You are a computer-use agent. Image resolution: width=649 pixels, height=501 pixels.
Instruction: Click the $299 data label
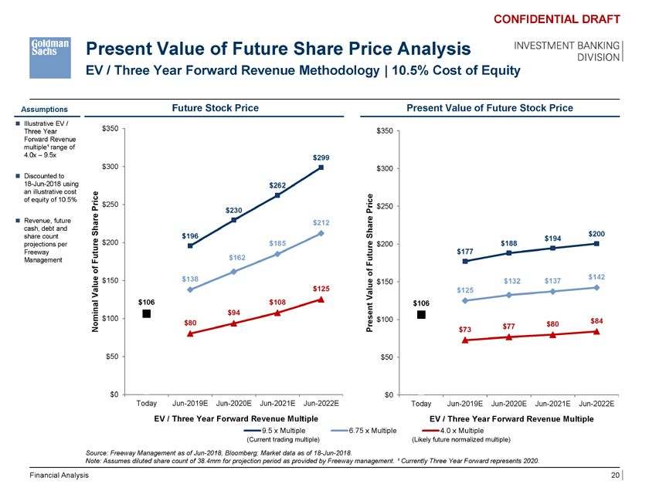tap(321, 157)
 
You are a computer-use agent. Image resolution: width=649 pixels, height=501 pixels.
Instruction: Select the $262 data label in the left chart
tap(277, 185)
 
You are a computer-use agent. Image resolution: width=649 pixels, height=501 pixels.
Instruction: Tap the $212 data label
tap(321, 223)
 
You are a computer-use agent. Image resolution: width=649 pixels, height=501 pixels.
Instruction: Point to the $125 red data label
tap(321, 289)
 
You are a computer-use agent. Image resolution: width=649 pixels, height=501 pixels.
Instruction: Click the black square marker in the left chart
tap(146, 313)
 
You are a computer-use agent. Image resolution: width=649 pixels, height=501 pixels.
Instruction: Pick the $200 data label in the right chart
tap(596, 233)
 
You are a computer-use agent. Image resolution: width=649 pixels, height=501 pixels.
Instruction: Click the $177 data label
tap(464, 251)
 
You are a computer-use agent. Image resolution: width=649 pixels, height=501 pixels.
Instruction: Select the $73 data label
tap(464, 330)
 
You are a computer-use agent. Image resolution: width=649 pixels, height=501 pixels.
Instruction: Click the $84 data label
tap(596, 320)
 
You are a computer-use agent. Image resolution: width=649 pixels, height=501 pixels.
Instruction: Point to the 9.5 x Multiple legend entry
tap(283, 429)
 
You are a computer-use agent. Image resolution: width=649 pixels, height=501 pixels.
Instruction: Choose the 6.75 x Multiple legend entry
tap(370, 429)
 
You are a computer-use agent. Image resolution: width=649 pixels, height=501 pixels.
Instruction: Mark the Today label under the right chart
tap(422, 404)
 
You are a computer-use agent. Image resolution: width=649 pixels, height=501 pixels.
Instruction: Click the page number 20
tap(615, 476)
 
